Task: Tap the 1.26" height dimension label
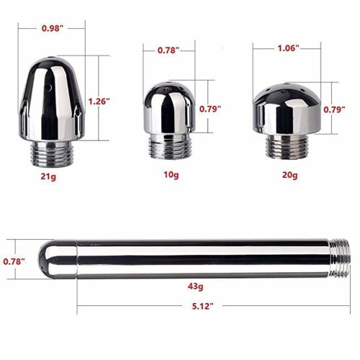tap(98, 102)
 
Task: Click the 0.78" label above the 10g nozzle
tap(168, 50)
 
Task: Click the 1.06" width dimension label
tap(287, 48)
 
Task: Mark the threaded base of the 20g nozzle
tap(287, 148)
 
